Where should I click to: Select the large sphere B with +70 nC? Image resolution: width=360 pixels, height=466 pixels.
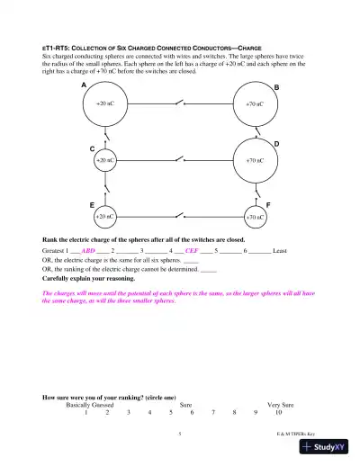click(255, 104)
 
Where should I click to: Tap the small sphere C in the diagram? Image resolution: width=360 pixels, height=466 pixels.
click(105, 159)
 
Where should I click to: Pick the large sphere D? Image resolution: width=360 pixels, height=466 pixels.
click(255, 160)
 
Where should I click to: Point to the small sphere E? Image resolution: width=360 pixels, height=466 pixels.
click(104, 216)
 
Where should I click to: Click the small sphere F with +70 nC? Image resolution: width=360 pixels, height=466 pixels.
click(255, 217)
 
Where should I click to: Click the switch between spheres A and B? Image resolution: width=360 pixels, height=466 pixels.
click(180, 103)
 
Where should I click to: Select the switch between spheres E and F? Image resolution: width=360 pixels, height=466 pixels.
click(180, 216)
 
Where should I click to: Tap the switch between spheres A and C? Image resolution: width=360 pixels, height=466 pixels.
click(105, 135)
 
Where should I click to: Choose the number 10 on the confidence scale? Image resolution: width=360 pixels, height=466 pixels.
click(279, 413)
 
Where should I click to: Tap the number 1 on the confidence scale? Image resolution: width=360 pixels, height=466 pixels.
click(85, 413)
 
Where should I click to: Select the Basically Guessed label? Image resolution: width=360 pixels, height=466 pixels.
click(94, 405)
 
